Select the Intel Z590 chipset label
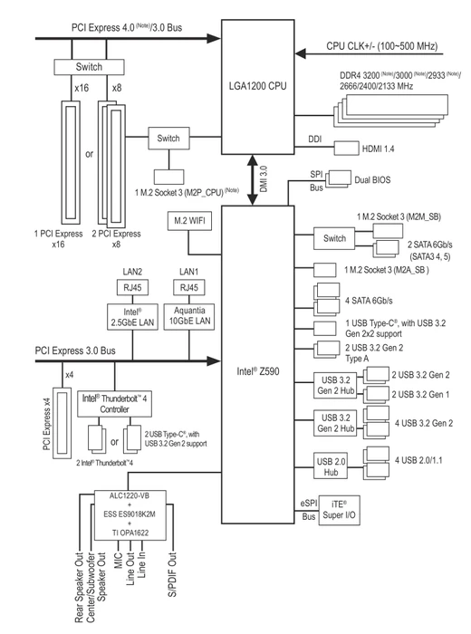pos(258,371)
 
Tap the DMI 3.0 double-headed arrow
pos(253,180)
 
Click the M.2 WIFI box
pos(189,221)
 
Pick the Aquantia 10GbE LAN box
pos(189,317)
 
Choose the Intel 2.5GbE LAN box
pos(132,317)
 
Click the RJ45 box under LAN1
pos(189,287)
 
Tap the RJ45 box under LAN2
pos(132,287)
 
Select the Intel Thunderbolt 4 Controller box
pos(114,404)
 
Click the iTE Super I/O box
pos(339,510)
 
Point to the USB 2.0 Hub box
pos(331,466)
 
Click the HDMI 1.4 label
pos(378,149)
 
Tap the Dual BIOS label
pos(373,180)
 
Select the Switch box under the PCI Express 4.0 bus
pos(89,67)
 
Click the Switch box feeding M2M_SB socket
pos(334,238)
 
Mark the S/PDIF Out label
pos(173,574)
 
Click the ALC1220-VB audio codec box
pos(130,514)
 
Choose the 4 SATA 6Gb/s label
pos(369,301)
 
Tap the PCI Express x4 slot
pos(62,422)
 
